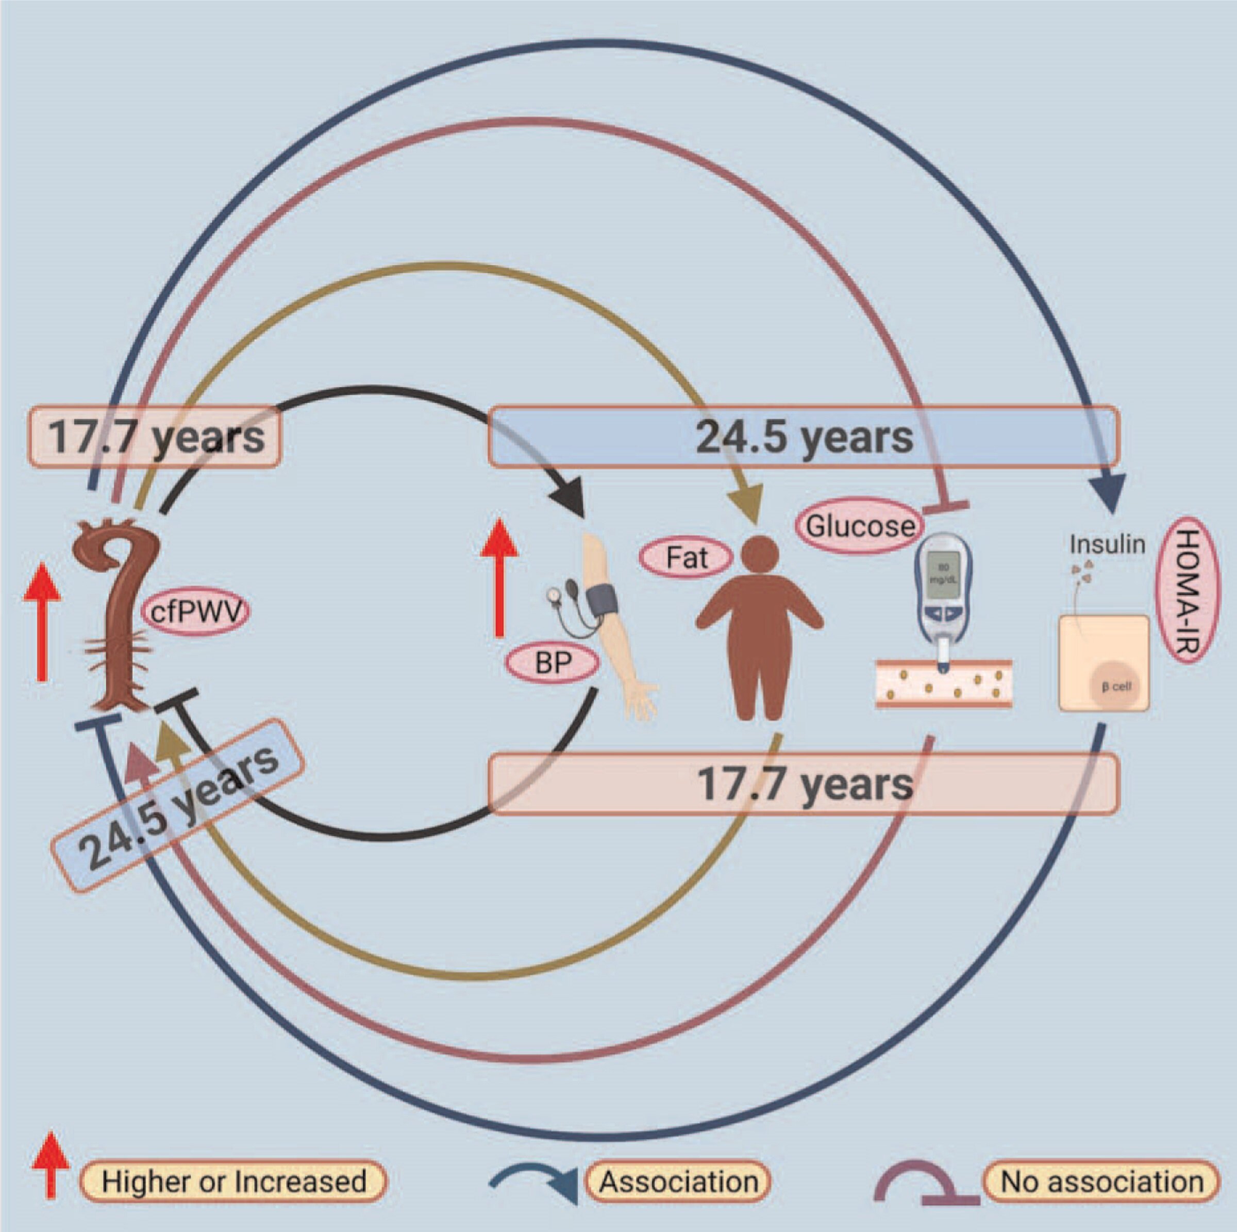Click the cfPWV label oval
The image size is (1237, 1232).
click(196, 611)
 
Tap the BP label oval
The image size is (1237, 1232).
click(553, 663)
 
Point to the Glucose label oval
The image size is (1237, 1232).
click(860, 526)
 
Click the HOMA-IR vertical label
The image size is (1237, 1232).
click(1187, 589)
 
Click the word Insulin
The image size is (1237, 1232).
click(1107, 544)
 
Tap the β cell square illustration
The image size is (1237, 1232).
click(1104, 663)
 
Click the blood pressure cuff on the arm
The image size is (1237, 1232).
click(600, 601)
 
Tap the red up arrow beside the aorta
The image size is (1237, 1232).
click(42, 621)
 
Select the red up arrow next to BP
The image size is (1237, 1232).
click(499, 576)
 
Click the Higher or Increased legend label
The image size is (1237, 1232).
click(233, 1181)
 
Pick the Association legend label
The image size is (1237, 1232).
click(679, 1181)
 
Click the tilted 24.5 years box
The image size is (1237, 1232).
click(177, 805)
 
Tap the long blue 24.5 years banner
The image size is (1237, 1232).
click(804, 437)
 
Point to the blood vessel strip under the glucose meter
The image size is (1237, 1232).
click(944, 684)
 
